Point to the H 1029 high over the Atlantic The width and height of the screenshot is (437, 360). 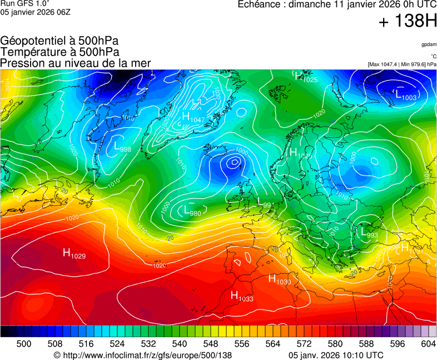click(x=74, y=254)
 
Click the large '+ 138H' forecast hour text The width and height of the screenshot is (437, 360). click(x=408, y=22)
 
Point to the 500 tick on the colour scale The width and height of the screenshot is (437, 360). click(x=24, y=344)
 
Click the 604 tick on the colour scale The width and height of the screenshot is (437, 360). click(x=429, y=344)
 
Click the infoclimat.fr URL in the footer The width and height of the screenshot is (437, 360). click(x=142, y=355)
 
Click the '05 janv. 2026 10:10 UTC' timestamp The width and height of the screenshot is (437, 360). click(x=336, y=355)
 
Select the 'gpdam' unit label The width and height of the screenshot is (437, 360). click(x=429, y=44)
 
